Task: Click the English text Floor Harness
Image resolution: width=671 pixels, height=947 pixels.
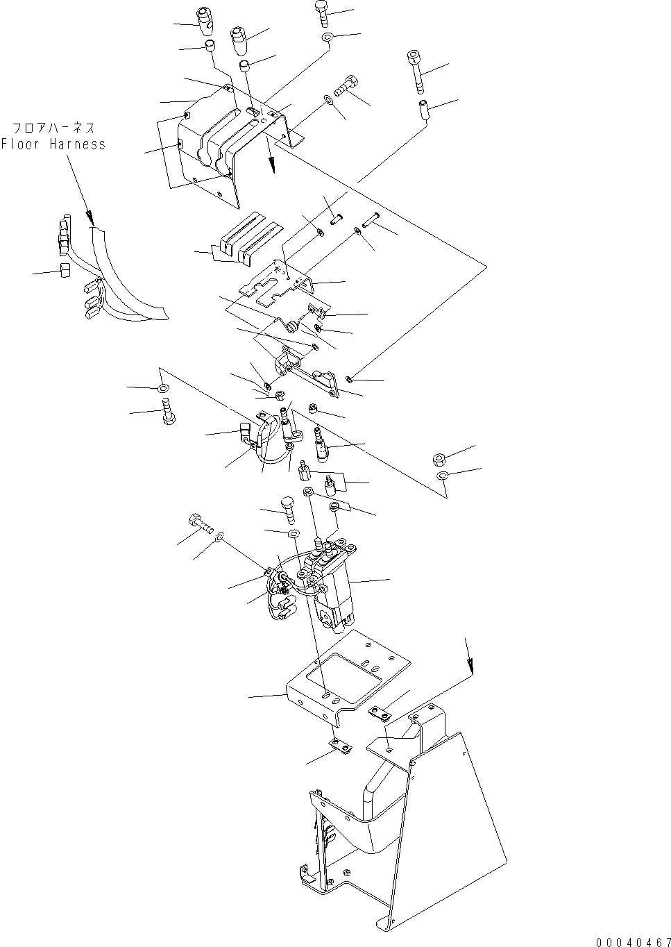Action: pyautogui.click(x=53, y=144)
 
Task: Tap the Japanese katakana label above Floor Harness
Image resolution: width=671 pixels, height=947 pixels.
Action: pyautogui.click(x=53, y=128)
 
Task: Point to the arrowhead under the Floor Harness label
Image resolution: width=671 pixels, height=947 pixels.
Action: pyautogui.click(x=88, y=212)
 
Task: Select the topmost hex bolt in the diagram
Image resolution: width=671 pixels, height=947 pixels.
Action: pyautogui.click(x=323, y=12)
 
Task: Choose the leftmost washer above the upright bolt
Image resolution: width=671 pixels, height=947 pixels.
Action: pyautogui.click(x=163, y=388)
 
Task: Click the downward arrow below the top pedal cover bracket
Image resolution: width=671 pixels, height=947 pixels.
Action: pyautogui.click(x=273, y=162)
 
